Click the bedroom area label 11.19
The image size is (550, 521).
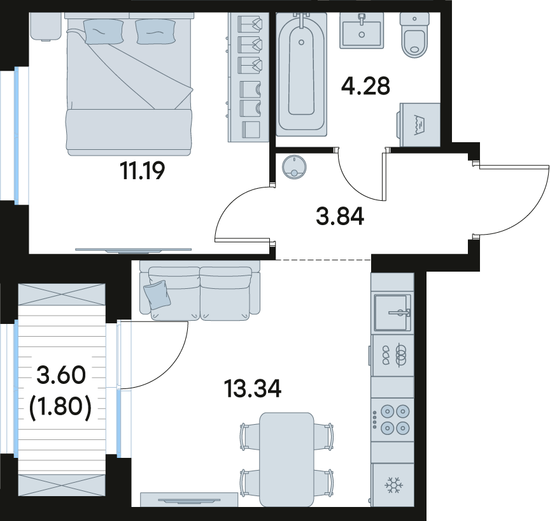142,171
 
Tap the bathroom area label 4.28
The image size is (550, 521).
365,87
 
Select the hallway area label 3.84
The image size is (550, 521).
340,216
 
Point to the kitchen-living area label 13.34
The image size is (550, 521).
253,389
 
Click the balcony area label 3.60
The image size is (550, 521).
61,374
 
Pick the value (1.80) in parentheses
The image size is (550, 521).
60,409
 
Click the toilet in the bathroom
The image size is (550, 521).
414,35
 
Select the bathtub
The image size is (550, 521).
301,75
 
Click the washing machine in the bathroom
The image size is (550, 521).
419,125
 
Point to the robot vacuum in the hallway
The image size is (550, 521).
294,166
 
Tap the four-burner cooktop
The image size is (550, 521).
393,419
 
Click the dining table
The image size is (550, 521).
286,460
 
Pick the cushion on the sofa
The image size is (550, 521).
157,295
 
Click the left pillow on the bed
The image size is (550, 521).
104,31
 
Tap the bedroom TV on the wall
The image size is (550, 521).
133,250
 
